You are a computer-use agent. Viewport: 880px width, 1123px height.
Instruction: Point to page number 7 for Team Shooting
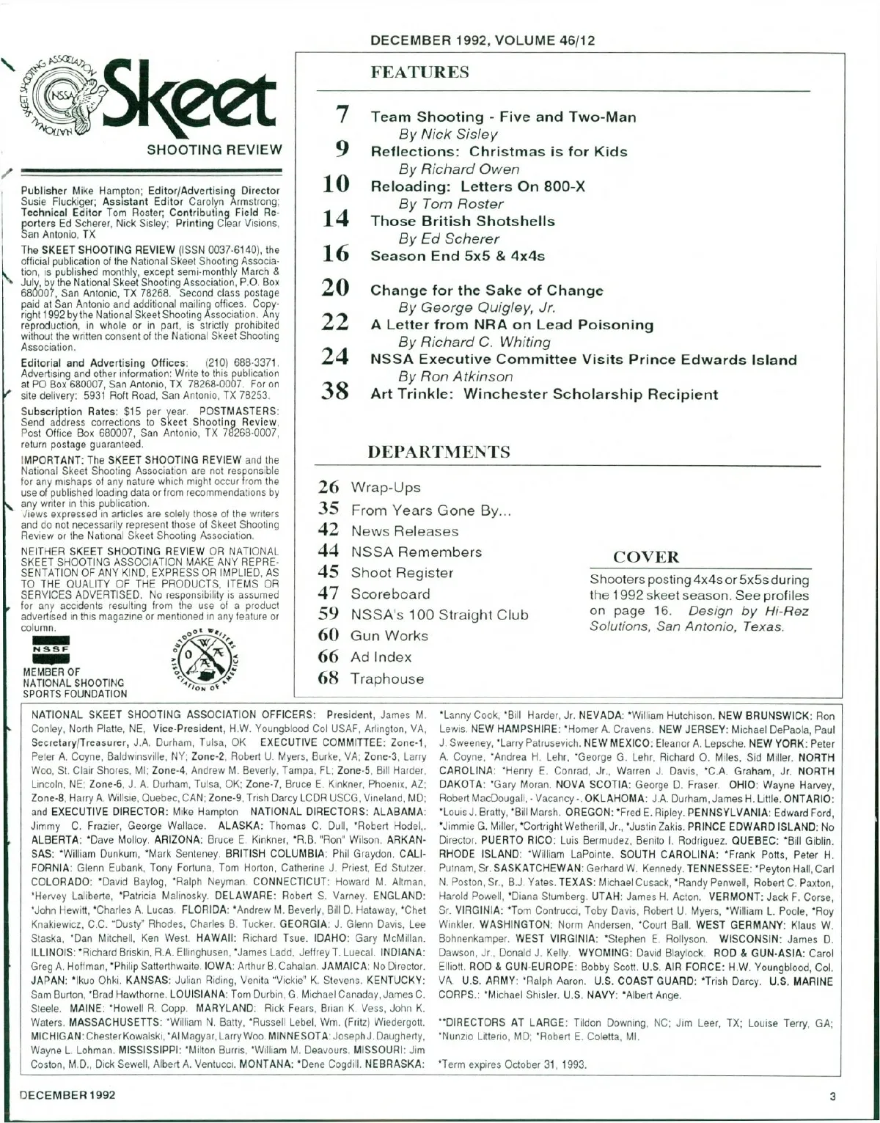click(x=340, y=115)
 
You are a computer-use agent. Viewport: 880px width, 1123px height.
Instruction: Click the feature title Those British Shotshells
click(x=462, y=221)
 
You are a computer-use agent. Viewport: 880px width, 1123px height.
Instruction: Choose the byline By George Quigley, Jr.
click(x=476, y=307)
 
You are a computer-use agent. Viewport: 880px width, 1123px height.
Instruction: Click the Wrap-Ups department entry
click(x=386, y=488)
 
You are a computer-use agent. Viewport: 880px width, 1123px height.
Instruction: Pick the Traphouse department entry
click(x=387, y=679)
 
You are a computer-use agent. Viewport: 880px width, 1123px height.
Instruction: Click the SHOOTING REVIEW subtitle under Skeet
click(x=214, y=150)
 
